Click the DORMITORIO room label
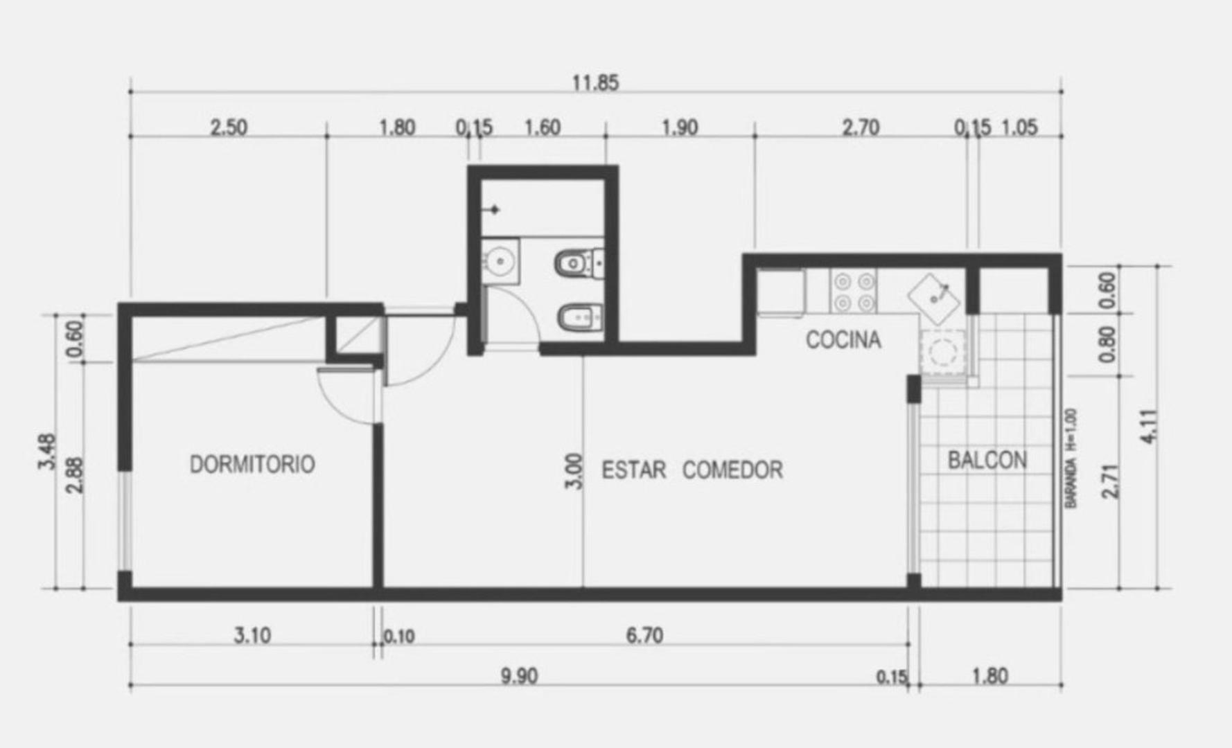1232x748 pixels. tap(252, 464)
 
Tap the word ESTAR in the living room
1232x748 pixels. tap(633, 470)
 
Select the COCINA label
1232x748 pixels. tap(843, 340)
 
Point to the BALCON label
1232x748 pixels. tap(987, 461)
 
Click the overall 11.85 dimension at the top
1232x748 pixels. tap(595, 83)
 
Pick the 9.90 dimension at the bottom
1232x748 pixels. tap(519, 676)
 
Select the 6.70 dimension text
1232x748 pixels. tap(644, 635)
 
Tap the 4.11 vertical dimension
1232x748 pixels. tap(1149, 427)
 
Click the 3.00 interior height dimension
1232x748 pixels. tap(574, 471)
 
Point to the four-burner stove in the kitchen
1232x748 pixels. tap(854, 292)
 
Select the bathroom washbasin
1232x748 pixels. tap(500, 261)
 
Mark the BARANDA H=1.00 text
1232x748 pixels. tap(1071, 458)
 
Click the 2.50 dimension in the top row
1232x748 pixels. tap(228, 128)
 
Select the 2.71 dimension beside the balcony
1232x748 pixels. tap(1109, 481)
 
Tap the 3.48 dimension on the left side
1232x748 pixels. tap(47, 452)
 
